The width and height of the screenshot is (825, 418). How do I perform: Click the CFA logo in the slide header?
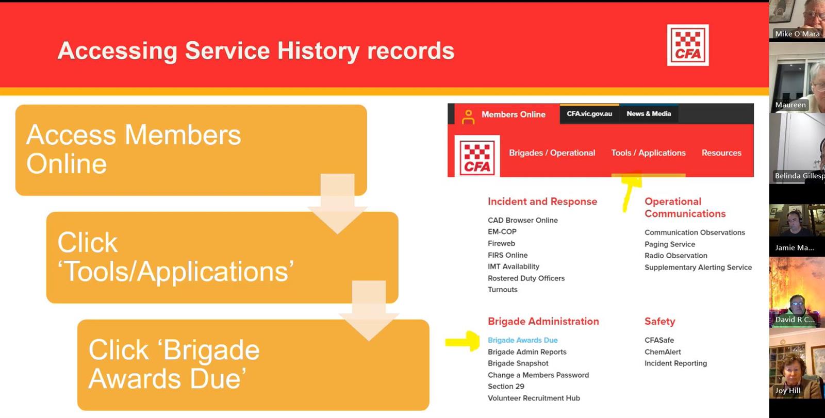coord(688,45)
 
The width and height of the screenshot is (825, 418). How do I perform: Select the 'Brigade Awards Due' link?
coord(522,340)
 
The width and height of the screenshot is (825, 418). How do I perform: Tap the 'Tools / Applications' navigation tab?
coord(648,153)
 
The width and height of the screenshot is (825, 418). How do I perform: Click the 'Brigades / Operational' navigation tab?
coord(552,153)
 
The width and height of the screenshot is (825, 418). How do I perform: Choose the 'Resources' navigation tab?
coord(721,153)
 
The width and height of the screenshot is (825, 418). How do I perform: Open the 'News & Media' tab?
coord(649,114)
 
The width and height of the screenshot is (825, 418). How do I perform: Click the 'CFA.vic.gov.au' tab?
coord(589,114)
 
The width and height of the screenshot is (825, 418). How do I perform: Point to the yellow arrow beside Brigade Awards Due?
coord(462,341)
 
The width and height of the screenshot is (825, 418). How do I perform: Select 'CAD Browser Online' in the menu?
coord(523,220)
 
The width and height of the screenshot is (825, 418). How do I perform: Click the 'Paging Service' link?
coord(670,244)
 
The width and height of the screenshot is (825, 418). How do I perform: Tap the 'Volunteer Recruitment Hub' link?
coord(534,398)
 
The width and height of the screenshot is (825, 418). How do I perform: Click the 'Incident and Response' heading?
coord(542,202)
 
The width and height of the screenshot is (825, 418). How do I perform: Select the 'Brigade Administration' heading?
coord(543,321)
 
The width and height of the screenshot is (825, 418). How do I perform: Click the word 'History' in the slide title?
coord(318,51)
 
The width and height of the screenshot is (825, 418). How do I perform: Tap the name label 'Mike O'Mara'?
coord(797,34)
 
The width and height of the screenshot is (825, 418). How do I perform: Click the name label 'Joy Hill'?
coord(787,391)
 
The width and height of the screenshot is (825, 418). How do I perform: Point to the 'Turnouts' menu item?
coord(502,290)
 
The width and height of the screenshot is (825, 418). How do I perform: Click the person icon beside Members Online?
coord(468,117)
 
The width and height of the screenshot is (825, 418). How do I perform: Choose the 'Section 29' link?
coord(506,387)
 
